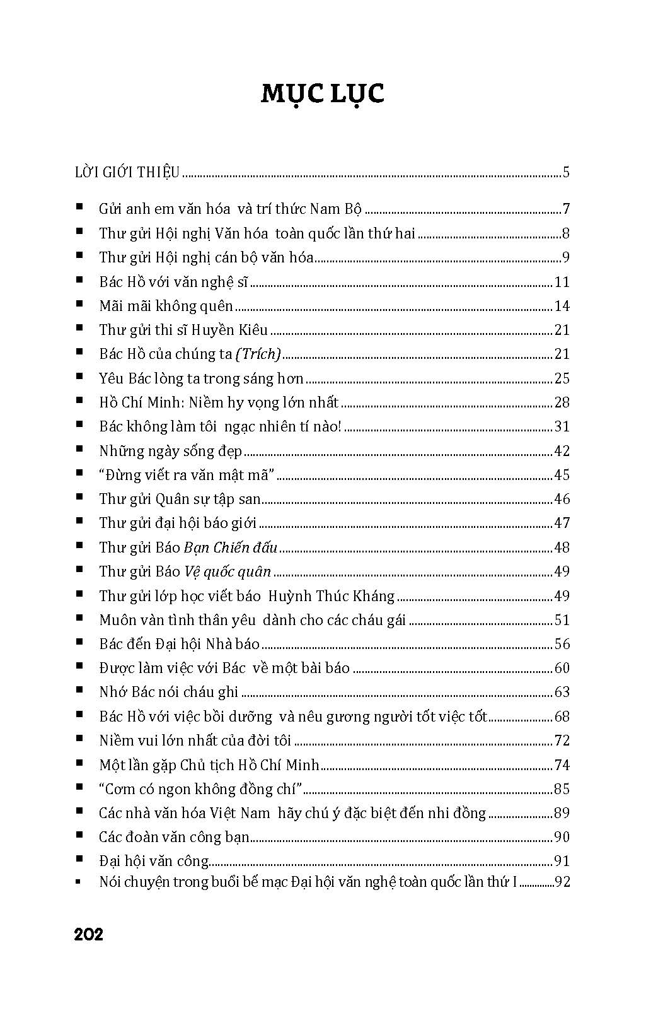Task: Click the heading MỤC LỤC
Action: tap(322, 93)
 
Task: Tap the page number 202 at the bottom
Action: tap(88, 934)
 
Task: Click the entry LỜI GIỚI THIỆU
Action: tap(127, 172)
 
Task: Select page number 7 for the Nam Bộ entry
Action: tap(565, 209)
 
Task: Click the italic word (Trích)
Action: tap(258, 354)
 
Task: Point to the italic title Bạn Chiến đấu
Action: tap(230, 547)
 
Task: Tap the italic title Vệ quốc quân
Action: tap(227, 571)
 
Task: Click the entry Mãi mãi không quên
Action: tap(166, 307)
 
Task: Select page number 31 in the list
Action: tap(562, 427)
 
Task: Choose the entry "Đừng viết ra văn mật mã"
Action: tap(187, 475)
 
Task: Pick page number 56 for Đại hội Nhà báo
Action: tap(562, 644)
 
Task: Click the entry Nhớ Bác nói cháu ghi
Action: tap(168, 692)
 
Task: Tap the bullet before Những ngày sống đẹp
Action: tap(79, 450)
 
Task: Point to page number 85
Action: tap(562, 789)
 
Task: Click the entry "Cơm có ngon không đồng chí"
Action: tap(202, 789)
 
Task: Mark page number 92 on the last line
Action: tap(562, 882)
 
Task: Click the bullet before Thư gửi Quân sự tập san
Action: tap(79, 498)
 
